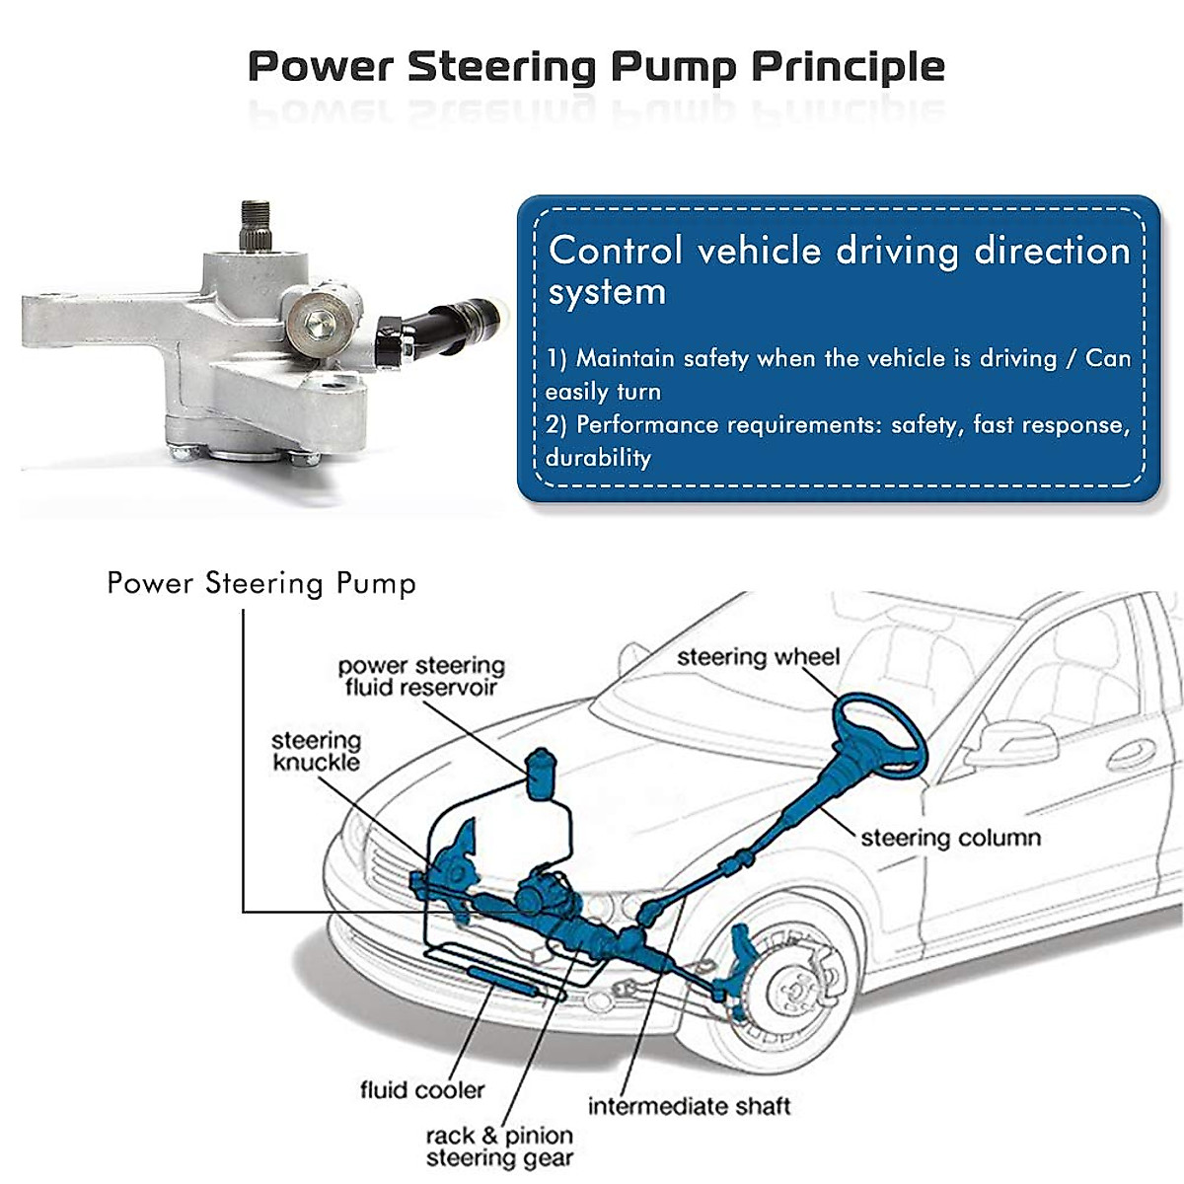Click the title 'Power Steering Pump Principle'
coord(596,67)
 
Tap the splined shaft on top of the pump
coord(256,223)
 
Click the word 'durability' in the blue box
coord(598,458)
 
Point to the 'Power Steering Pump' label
coord(261,583)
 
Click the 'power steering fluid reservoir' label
coord(421,677)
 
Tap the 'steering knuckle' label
coord(316,751)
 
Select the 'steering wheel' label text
coord(758,657)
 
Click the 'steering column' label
coord(950,838)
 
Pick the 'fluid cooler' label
coord(422,1090)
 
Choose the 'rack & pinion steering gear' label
coord(499,1147)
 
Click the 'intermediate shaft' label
coord(689,1106)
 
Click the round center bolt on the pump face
coord(317,319)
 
